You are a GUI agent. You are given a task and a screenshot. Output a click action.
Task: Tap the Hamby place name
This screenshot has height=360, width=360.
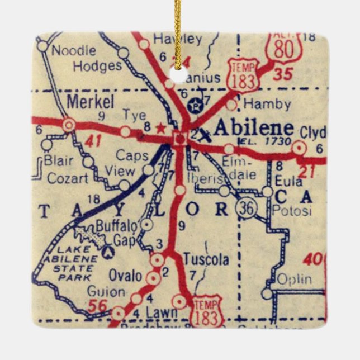(x=267, y=104)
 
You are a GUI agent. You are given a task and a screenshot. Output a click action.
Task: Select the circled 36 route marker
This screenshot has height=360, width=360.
(x=246, y=209)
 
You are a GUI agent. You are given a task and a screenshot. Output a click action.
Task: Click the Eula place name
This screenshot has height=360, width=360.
(x=288, y=181)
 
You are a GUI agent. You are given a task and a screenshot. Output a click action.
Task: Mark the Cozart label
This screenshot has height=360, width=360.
(x=68, y=178)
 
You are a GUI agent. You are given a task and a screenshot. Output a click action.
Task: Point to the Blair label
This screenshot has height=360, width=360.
(x=59, y=161)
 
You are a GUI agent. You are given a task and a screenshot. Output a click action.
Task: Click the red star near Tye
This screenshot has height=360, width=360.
(x=162, y=127)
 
